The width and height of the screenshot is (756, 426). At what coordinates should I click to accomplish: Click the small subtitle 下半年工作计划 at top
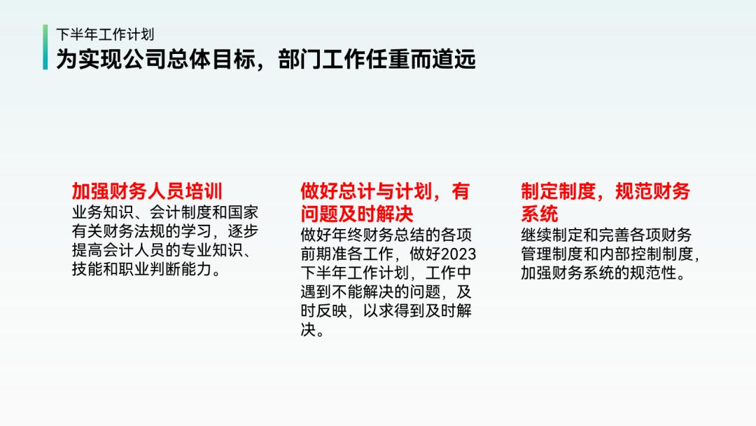[105, 34]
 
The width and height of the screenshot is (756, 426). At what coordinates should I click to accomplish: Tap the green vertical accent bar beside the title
[45, 47]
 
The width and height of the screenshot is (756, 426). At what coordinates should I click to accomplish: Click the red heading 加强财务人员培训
[147, 191]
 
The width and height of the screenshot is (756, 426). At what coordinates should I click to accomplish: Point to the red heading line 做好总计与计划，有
[385, 191]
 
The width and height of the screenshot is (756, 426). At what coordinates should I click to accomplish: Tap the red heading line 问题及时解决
[357, 213]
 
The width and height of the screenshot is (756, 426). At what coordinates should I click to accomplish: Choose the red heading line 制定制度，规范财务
[605, 191]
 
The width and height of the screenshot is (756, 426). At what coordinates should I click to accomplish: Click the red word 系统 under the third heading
[539, 213]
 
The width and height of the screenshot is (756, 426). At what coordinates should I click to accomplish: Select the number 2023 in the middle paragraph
[458, 254]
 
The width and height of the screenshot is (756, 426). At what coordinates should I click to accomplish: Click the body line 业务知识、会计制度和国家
[165, 212]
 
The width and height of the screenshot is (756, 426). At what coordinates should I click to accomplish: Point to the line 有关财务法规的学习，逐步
[165, 231]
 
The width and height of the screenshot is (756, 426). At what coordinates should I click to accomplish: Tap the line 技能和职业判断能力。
[146, 270]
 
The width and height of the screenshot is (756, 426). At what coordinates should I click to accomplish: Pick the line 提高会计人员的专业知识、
[161, 251]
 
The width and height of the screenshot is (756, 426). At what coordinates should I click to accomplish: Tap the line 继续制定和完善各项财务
[605, 235]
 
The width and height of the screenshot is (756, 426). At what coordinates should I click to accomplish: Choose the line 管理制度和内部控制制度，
[610, 254]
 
